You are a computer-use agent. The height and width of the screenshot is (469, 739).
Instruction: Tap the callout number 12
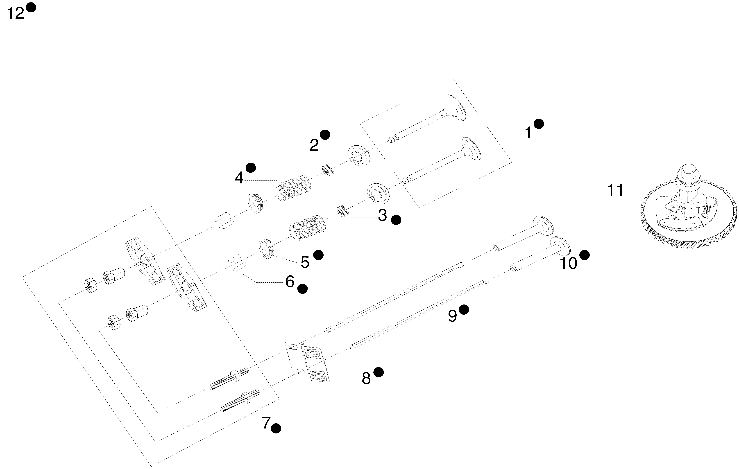coord(15,14)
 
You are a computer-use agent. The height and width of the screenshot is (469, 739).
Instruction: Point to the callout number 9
coord(452,316)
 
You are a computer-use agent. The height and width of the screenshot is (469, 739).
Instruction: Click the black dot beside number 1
coord(539,124)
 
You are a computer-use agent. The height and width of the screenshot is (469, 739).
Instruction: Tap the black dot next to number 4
coord(251,167)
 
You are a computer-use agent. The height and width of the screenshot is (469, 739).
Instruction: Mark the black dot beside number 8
coord(379,372)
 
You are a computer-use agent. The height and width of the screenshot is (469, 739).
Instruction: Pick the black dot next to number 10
coord(584,255)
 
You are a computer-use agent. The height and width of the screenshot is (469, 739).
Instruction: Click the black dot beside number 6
coord(303,289)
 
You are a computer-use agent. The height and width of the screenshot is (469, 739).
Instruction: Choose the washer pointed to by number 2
coord(358,155)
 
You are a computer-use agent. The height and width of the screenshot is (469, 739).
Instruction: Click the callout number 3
coord(382,216)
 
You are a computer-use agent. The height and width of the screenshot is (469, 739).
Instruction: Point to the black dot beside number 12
coord(31,7)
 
